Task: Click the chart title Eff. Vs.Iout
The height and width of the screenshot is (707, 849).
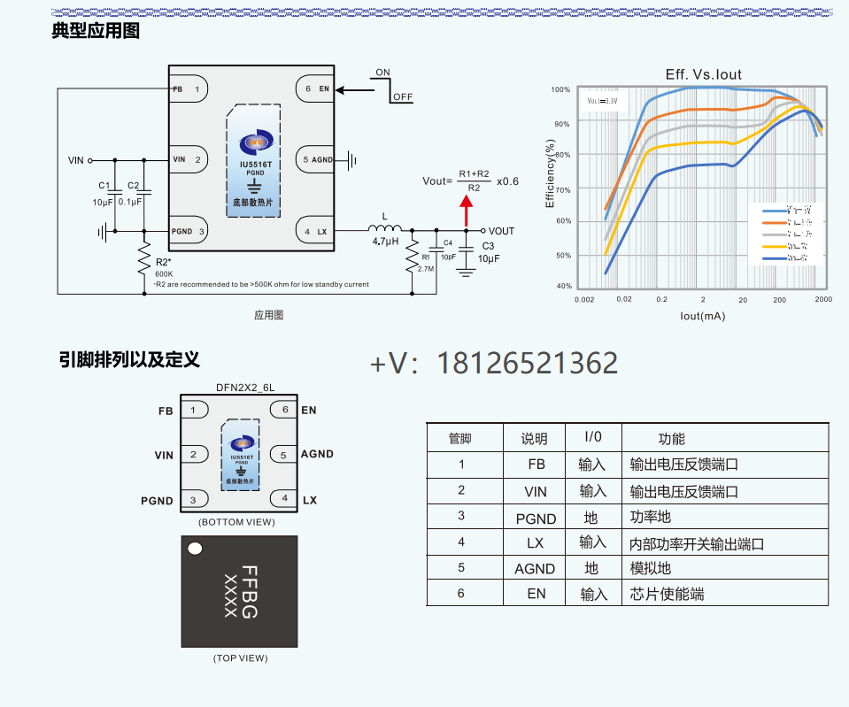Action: click(703, 74)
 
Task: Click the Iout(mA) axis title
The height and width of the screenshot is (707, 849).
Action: click(703, 315)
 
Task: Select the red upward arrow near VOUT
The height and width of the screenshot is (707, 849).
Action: click(466, 212)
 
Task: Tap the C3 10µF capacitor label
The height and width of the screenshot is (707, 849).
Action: click(489, 252)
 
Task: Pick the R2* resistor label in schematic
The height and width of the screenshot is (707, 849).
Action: click(163, 263)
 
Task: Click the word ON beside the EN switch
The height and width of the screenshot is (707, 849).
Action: click(382, 73)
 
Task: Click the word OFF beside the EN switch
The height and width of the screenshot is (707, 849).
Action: click(402, 96)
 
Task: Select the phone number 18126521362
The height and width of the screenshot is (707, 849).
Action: click(528, 364)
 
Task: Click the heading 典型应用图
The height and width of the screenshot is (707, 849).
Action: click(96, 31)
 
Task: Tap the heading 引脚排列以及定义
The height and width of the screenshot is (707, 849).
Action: click(129, 359)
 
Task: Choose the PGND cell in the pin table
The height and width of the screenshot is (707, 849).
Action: click(536, 519)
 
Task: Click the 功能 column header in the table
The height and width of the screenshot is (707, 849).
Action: click(671, 439)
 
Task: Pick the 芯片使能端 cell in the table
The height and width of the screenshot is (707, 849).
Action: click(667, 594)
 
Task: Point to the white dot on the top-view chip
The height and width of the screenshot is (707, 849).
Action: click(196, 549)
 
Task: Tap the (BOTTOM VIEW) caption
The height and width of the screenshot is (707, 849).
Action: click(236, 522)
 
